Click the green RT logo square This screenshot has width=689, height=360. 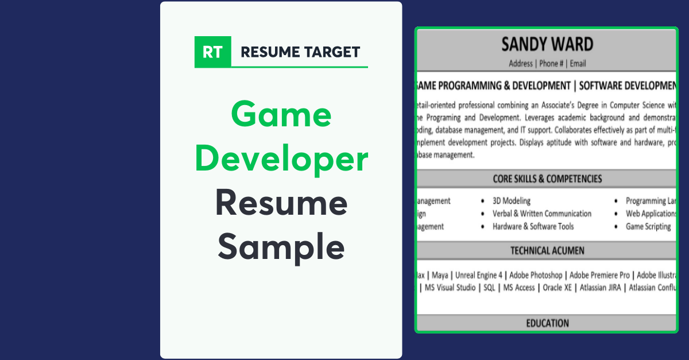click(x=213, y=52)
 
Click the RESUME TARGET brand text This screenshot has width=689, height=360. click(x=300, y=52)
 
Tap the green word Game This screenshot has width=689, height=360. click(x=281, y=114)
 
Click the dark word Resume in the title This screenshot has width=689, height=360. click(x=281, y=203)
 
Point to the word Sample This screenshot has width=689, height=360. click(x=281, y=247)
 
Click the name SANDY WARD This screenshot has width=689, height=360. click(x=547, y=45)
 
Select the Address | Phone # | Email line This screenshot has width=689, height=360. click(x=547, y=64)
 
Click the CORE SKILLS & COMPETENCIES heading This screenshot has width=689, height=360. click(x=547, y=179)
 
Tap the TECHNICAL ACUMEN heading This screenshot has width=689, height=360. click(x=547, y=251)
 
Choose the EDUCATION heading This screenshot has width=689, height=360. click(x=547, y=323)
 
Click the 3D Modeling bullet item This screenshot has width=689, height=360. click(x=511, y=201)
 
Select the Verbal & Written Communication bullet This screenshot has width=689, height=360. click(x=541, y=214)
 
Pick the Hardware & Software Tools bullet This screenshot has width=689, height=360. click(x=533, y=226)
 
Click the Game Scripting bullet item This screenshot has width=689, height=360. click(x=648, y=226)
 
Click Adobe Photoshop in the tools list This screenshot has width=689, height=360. click(x=536, y=275)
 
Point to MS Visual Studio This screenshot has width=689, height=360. click(x=450, y=288)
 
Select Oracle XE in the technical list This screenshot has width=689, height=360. click(x=557, y=288)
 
